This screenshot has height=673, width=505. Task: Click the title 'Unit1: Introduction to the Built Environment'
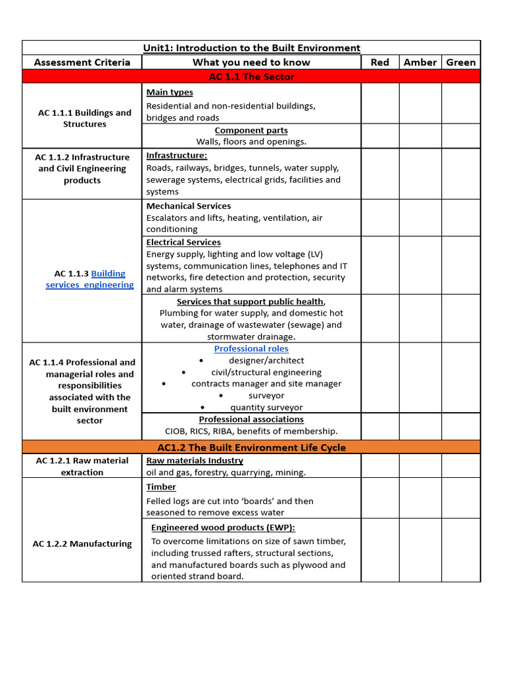(251, 48)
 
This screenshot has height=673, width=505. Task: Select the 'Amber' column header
(420, 62)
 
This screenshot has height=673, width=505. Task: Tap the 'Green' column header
(460, 62)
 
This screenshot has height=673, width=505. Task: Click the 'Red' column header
(379, 62)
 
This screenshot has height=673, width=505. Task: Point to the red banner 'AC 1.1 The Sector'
(251, 77)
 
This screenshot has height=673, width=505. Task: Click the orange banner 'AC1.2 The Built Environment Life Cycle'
(251, 448)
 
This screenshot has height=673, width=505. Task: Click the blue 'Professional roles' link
(251, 349)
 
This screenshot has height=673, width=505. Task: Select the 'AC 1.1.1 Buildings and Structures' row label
(84, 118)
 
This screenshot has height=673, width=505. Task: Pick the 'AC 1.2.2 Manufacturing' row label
(82, 544)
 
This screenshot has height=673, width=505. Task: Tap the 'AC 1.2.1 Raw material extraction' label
(82, 467)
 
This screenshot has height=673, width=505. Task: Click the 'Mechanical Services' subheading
(188, 206)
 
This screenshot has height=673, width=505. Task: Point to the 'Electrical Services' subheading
(183, 243)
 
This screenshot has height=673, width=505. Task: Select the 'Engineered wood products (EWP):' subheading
(223, 528)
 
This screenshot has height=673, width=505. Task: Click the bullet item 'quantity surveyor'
(266, 407)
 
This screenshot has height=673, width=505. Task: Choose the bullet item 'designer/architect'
(266, 361)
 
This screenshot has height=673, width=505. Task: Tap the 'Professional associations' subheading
(251, 419)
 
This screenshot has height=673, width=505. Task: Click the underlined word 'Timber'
(161, 487)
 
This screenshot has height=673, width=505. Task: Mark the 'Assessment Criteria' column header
(82, 62)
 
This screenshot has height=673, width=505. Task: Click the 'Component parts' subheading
(251, 131)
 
